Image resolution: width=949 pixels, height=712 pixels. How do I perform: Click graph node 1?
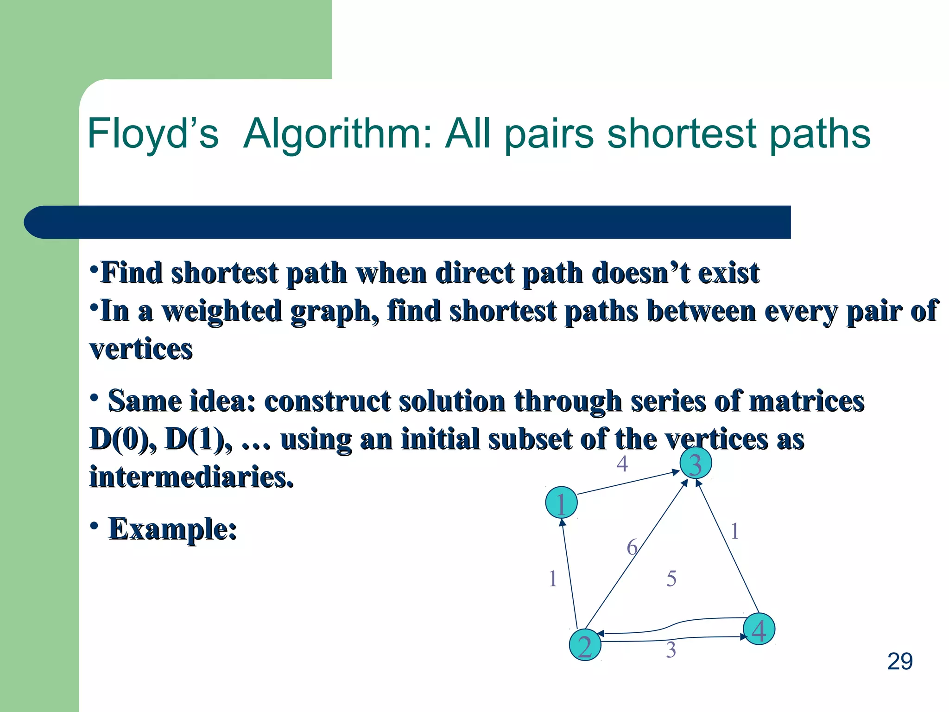pos(561,502)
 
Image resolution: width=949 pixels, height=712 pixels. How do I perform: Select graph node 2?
pos(585,645)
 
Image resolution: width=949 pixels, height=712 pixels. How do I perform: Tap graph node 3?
pos(695,463)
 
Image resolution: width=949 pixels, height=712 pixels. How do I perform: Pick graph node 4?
pos(759,629)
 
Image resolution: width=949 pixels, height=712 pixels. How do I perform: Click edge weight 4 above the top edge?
pos(622,464)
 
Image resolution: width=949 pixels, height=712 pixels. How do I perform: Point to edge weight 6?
pos(632,547)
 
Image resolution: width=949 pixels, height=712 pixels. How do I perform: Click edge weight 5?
pos(671,578)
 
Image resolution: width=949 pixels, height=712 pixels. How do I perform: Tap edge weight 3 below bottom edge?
pos(671,650)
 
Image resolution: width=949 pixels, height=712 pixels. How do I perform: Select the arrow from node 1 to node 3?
pos(626,483)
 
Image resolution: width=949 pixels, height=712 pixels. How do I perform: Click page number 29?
pos(899,661)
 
